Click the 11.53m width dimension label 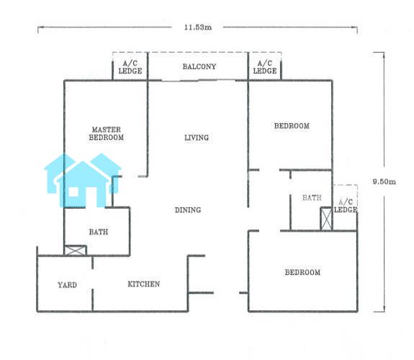pyautogui.click(x=198, y=27)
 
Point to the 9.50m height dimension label pyautogui.click(x=384, y=181)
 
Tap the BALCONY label pyautogui.click(x=199, y=66)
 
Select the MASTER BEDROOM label pyautogui.click(x=106, y=134)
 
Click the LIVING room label pyautogui.click(x=197, y=138)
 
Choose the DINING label pyautogui.click(x=188, y=210)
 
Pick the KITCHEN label pyautogui.click(x=143, y=284)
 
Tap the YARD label pyautogui.click(x=68, y=285)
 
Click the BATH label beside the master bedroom pyautogui.click(x=99, y=232)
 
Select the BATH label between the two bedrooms pyautogui.click(x=312, y=197)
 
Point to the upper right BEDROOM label pyautogui.click(x=292, y=126)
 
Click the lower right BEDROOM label pyautogui.click(x=302, y=272)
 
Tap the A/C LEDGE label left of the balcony pyautogui.click(x=130, y=68)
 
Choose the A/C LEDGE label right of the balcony pyautogui.click(x=265, y=67)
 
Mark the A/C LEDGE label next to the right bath pyautogui.click(x=346, y=206)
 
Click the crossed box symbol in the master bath pyautogui.click(x=76, y=251)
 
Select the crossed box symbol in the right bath pyautogui.click(x=326, y=219)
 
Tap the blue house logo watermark pyautogui.click(x=83, y=180)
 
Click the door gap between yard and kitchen pyautogui.click(x=92, y=279)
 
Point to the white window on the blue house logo pyautogui.click(x=73, y=192)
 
